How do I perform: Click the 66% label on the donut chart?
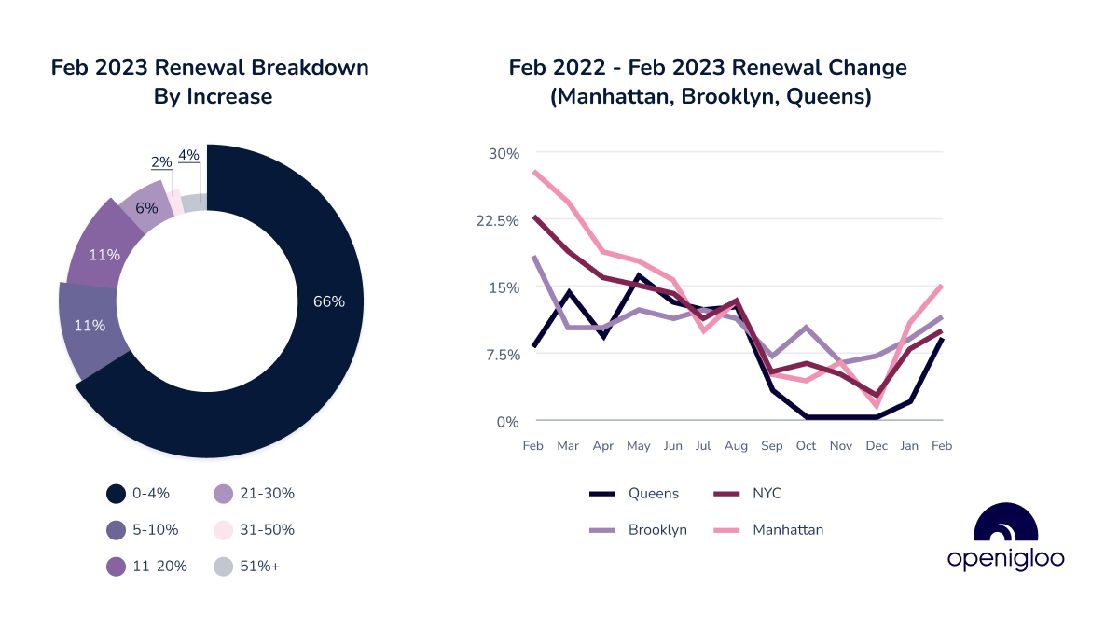point(329,301)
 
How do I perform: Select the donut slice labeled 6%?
point(145,208)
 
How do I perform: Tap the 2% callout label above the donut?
point(161,161)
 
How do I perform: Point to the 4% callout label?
point(188,155)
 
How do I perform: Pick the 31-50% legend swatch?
point(224,529)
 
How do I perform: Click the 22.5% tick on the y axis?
point(497,220)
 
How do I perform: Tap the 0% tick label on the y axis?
point(507,421)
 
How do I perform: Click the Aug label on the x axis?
point(736,446)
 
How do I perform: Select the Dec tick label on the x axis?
point(876,446)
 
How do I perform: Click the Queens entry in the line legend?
point(653,494)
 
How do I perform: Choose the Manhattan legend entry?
point(788,529)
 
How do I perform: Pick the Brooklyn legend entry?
point(656,529)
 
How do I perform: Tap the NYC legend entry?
point(767,494)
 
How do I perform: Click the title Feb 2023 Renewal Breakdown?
point(210,68)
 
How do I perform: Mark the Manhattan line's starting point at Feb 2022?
point(533,171)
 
